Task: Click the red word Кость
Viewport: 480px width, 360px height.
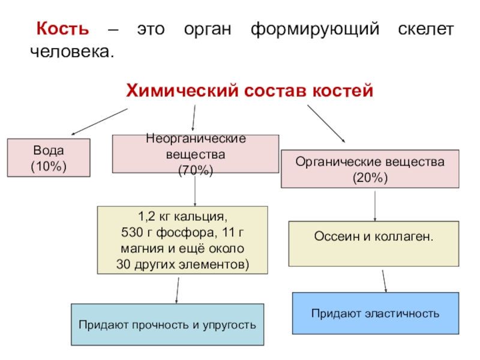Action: click(62, 29)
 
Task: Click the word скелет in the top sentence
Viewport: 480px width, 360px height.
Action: click(425, 29)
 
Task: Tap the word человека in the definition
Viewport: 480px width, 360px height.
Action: click(71, 51)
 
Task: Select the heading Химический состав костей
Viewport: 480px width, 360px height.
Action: click(249, 90)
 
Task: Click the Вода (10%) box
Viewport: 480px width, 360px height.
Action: click(49, 158)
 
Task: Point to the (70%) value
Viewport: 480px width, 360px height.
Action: click(196, 171)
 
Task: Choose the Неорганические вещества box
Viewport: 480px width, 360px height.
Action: click(196, 155)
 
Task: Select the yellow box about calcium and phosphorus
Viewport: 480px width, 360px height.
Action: click(182, 240)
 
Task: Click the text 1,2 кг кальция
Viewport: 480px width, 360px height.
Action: click(182, 215)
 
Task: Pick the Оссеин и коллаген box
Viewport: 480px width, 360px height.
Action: click(374, 244)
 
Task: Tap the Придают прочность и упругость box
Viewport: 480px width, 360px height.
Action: click(167, 325)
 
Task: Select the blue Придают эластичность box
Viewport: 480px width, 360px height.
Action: click(375, 313)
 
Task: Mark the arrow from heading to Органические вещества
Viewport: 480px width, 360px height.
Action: click(326, 124)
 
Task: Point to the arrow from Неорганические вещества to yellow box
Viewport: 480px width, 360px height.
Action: click(196, 191)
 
